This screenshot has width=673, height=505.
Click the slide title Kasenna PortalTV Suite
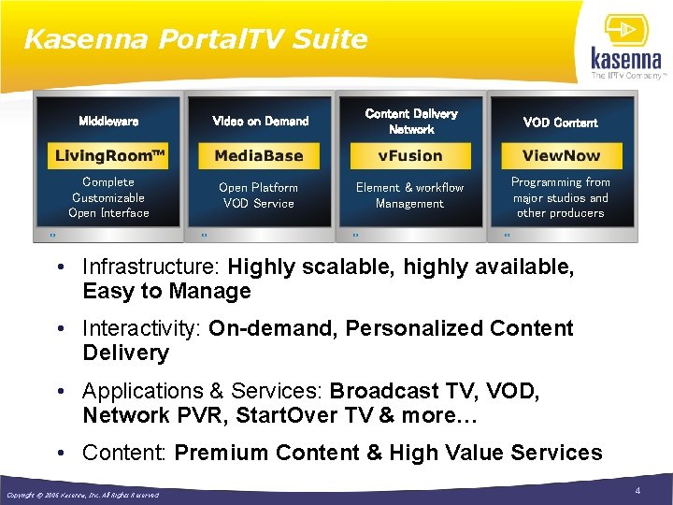pyautogui.click(x=195, y=39)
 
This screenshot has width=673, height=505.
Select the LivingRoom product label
pyautogui.click(x=108, y=155)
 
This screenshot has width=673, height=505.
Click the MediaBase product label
pyautogui.click(x=259, y=155)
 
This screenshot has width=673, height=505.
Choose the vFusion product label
pyautogui.click(x=410, y=155)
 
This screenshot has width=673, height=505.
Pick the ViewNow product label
pyautogui.click(x=561, y=155)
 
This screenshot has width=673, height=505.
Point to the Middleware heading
pyautogui.click(x=108, y=122)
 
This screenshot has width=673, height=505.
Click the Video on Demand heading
pyautogui.click(x=260, y=122)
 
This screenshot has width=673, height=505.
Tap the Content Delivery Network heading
pyautogui.click(x=411, y=122)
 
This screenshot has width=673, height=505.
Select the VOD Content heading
pyautogui.click(x=561, y=123)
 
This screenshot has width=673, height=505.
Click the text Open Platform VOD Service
pyautogui.click(x=259, y=195)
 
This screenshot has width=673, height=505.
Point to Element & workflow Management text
pyautogui.click(x=409, y=195)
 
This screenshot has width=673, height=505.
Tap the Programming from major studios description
pyautogui.click(x=561, y=197)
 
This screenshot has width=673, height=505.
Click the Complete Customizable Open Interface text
pyautogui.click(x=108, y=197)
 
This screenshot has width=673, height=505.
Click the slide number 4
pyautogui.click(x=637, y=491)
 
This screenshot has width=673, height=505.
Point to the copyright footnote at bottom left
pyautogui.click(x=82, y=495)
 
